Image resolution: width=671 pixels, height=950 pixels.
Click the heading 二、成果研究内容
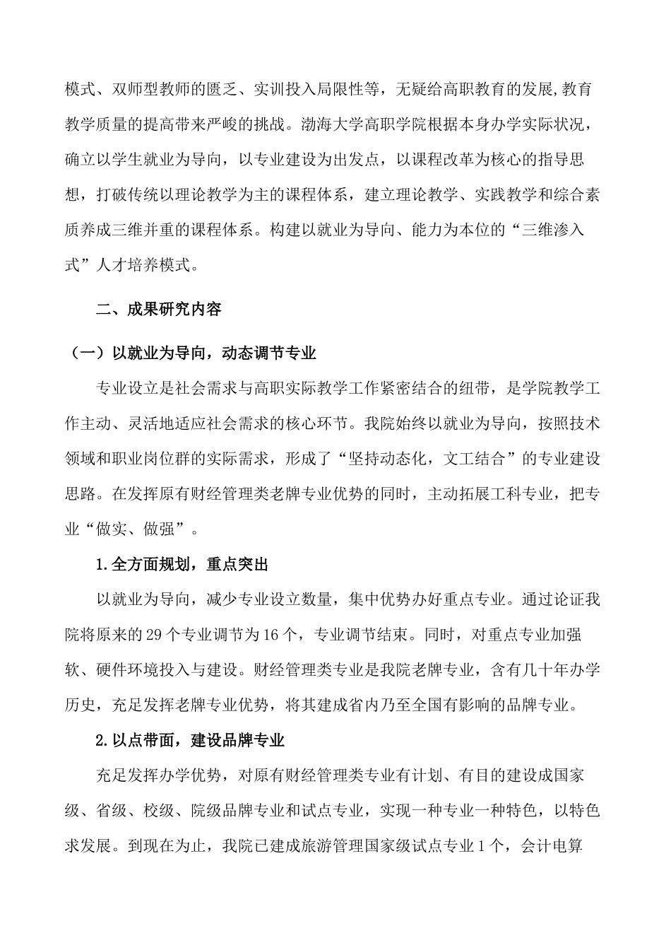point(159,309)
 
